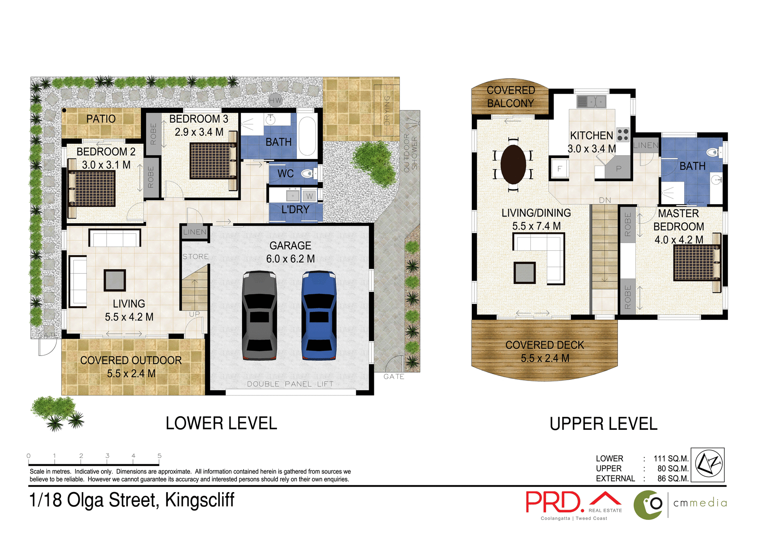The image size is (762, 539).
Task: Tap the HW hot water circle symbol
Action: click(x=275, y=100)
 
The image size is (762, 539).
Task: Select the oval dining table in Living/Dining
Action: click(x=513, y=164)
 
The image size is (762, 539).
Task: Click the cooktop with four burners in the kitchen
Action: click(x=623, y=135)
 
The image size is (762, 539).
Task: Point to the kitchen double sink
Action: click(x=591, y=102)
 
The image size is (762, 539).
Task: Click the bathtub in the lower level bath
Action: click(x=307, y=136)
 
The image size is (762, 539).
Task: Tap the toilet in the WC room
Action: click(x=308, y=173)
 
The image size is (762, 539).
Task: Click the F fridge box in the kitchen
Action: click(x=559, y=168)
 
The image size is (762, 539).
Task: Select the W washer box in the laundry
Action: click(x=309, y=196)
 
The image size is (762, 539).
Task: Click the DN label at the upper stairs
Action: click(x=605, y=200)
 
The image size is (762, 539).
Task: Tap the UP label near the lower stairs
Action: click(x=194, y=314)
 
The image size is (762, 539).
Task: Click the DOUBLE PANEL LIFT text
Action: click(x=290, y=384)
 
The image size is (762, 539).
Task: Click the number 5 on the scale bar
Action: click(x=159, y=456)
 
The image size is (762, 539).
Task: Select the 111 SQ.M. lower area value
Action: click(x=671, y=458)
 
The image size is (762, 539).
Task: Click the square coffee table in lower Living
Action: click(x=115, y=280)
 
